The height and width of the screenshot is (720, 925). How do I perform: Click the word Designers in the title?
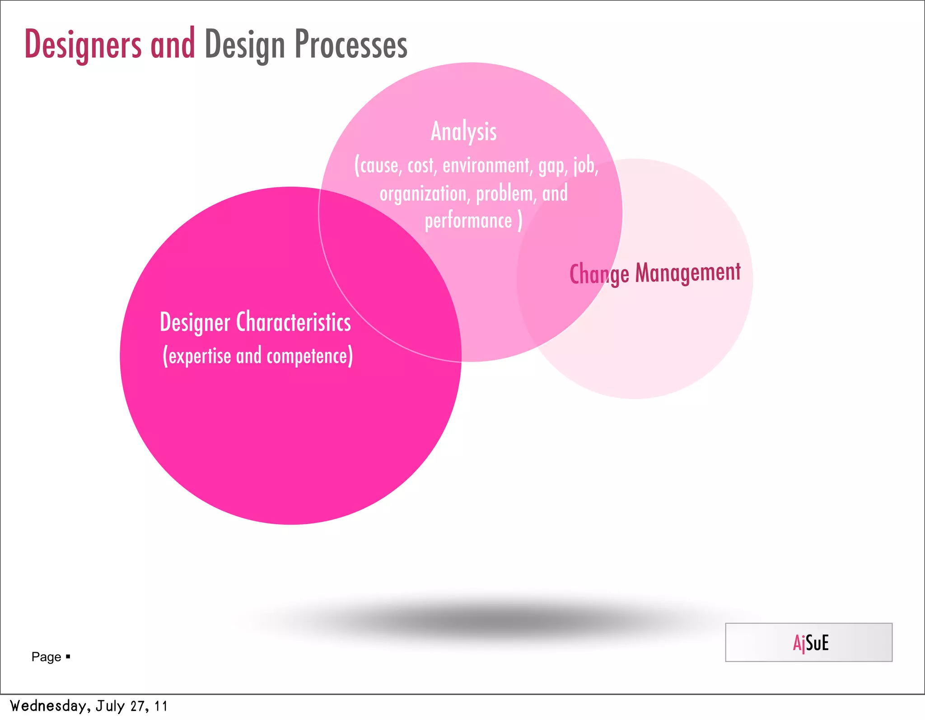(x=83, y=45)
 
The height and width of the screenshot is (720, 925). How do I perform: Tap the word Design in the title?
(x=244, y=45)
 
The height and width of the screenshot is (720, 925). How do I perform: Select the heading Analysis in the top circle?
(x=463, y=132)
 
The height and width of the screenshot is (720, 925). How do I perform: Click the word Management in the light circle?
(x=687, y=273)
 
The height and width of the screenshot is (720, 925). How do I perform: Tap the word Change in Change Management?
(x=599, y=275)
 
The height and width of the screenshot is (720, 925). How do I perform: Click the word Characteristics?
(x=294, y=322)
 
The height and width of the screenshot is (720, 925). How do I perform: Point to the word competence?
(x=308, y=356)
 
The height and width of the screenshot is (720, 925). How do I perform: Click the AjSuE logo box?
(x=808, y=642)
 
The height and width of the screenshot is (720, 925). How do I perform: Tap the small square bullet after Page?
(x=68, y=656)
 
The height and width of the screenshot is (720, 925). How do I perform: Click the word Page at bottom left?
(x=46, y=657)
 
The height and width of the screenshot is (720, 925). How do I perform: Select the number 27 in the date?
(x=138, y=706)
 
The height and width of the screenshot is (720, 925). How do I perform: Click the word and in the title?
(x=173, y=45)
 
